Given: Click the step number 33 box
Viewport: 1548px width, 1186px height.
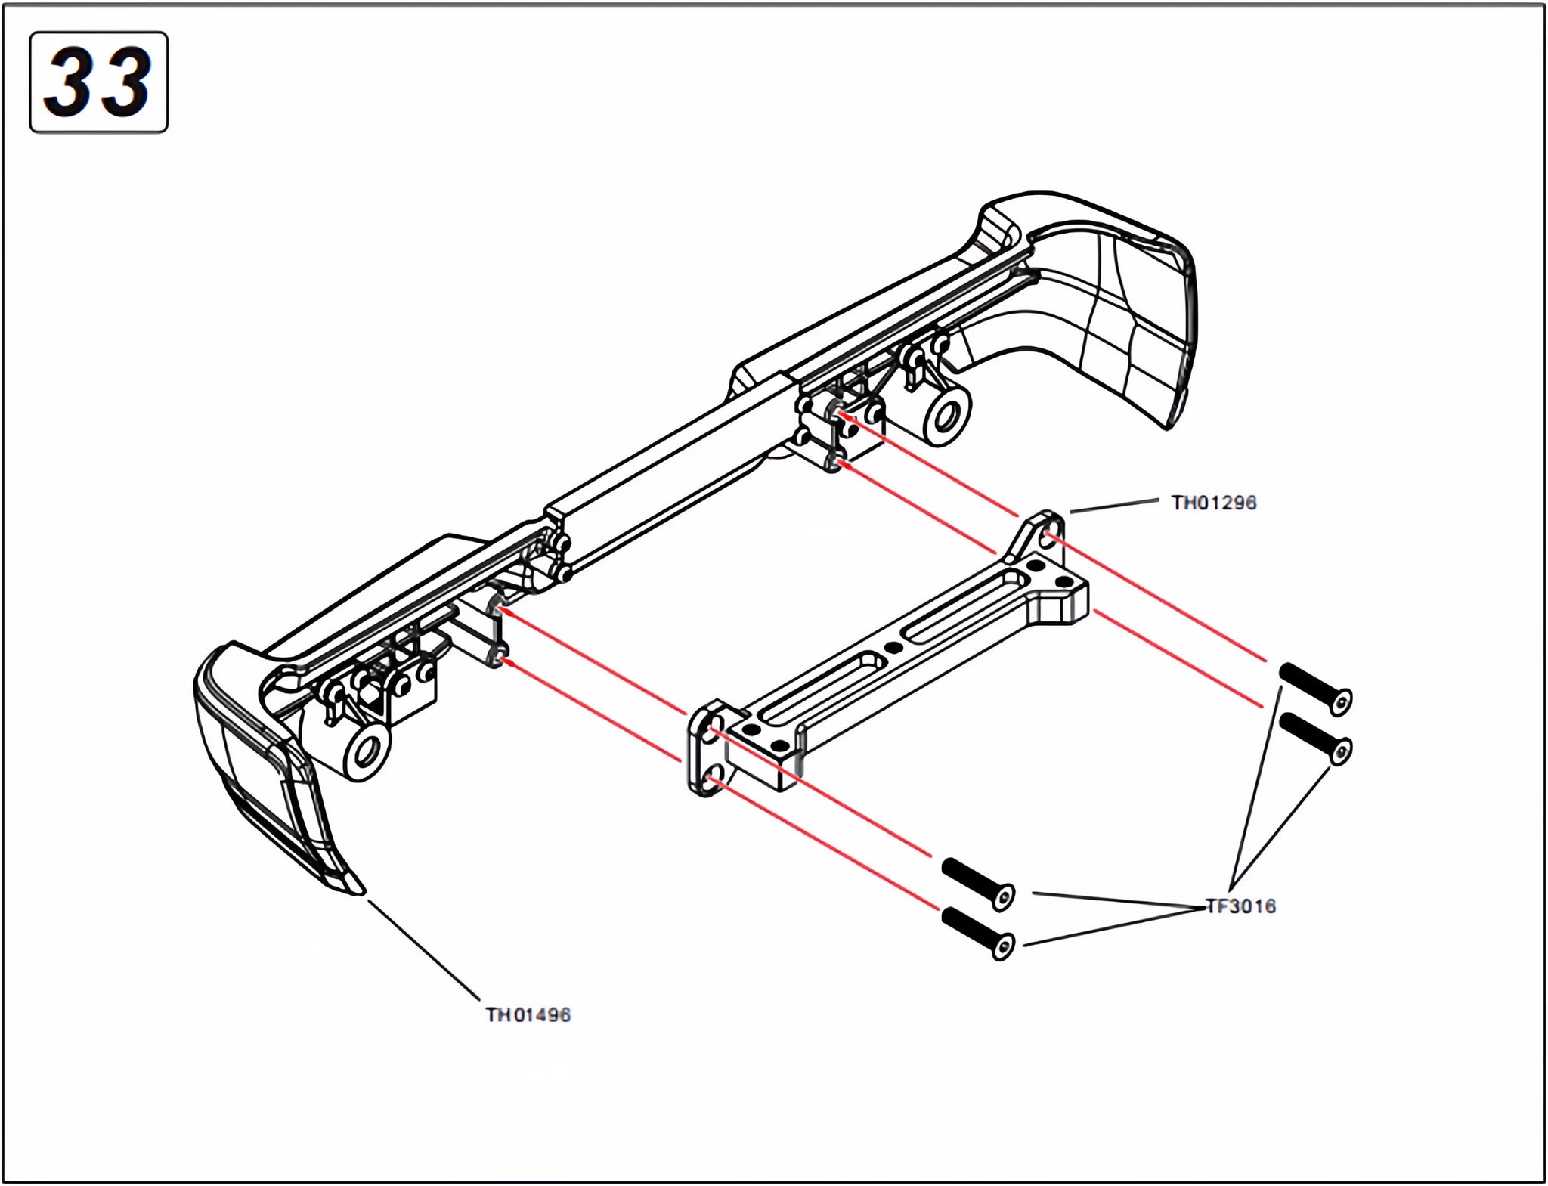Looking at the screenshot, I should (98, 82).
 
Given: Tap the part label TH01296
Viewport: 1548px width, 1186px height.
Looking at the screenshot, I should (1213, 503).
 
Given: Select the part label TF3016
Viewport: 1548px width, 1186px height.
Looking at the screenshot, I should (1240, 906).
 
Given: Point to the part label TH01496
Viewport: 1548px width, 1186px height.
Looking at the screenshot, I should (528, 1014).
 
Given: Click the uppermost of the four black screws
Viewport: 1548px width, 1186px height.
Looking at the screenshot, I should (1314, 686).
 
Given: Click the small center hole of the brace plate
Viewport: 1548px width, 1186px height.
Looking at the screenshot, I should (893, 648).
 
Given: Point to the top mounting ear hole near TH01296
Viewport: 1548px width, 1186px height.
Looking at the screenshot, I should (1049, 538).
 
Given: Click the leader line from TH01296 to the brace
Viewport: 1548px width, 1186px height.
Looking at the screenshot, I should (1115, 506).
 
